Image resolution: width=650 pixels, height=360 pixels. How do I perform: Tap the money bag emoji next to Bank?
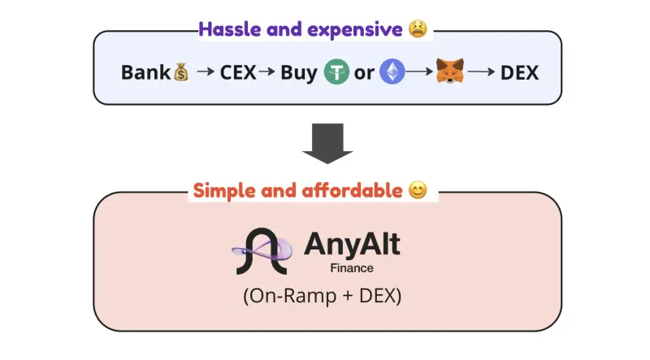click(181, 72)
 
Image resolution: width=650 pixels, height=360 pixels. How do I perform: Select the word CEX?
click(237, 72)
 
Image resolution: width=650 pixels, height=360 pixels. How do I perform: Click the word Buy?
click(299, 72)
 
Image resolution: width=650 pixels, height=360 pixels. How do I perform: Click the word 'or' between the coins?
click(365, 72)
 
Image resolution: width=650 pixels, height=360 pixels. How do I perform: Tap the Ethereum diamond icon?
click(393, 72)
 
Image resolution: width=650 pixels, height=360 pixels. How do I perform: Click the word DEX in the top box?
click(519, 72)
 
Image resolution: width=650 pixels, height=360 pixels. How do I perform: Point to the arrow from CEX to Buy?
click(267, 72)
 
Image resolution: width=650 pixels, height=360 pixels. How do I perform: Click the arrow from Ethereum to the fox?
click(419, 72)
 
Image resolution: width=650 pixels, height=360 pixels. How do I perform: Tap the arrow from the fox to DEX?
click(481, 72)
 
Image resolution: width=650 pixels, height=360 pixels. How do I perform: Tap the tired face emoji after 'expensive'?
click(418, 30)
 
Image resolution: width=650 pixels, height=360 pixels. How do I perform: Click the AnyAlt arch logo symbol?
click(262, 251)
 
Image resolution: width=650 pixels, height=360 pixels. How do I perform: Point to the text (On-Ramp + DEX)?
click(323, 297)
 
